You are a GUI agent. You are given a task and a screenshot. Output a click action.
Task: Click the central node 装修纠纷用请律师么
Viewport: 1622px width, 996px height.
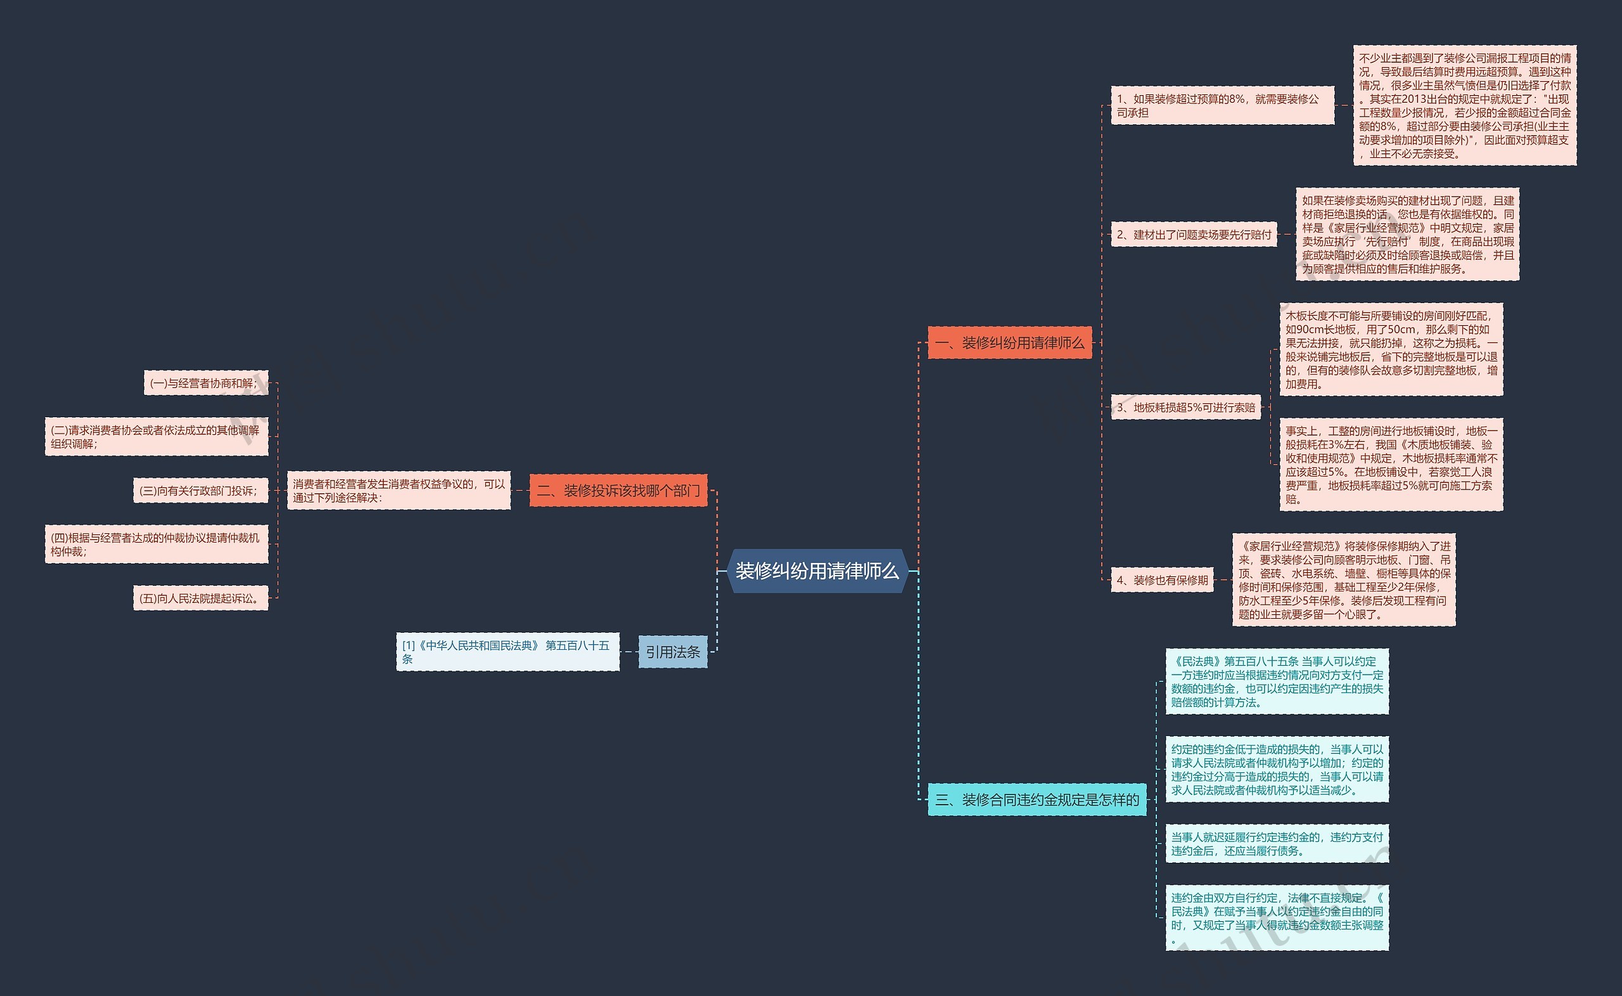point(817,571)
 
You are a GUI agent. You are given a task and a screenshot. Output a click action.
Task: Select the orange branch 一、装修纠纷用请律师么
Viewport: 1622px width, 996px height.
point(1009,342)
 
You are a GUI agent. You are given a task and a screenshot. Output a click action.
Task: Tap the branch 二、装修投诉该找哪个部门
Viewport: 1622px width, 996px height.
point(618,491)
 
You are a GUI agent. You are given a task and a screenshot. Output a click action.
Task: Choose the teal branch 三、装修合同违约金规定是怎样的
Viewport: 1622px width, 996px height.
point(1037,799)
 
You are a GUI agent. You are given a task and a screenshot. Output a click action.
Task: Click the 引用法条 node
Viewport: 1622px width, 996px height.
point(672,652)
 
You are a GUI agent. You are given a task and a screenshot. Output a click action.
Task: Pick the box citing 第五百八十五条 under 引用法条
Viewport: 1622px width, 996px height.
point(507,652)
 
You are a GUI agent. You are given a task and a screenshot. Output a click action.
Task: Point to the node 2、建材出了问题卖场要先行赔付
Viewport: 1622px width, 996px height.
point(1194,235)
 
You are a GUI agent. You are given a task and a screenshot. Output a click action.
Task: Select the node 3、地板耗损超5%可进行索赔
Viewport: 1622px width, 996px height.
point(1185,407)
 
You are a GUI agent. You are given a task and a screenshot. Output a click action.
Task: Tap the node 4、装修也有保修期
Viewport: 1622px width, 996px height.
point(1162,579)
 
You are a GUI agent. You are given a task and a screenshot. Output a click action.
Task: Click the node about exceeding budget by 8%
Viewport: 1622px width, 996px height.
point(1222,105)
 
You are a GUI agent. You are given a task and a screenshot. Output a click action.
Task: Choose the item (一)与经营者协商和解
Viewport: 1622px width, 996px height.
point(205,383)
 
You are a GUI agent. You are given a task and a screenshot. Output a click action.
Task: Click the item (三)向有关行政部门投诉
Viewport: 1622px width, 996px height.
point(200,491)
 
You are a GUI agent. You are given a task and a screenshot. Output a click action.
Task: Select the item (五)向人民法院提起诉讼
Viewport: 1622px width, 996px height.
point(200,598)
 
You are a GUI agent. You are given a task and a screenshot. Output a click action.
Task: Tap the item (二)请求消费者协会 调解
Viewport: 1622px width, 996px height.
point(156,436)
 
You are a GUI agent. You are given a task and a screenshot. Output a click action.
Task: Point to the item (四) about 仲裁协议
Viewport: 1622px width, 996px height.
point(156,544)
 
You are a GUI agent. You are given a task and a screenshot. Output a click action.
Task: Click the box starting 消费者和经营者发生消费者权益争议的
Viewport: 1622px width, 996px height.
point(399,491)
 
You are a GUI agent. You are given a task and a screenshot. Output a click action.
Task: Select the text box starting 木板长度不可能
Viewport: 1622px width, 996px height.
point(1390,349)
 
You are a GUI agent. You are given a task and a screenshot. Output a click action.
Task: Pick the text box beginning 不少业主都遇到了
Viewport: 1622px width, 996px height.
point(1464,105)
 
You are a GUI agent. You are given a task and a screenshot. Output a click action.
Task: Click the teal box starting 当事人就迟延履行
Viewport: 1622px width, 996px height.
point(1277,843)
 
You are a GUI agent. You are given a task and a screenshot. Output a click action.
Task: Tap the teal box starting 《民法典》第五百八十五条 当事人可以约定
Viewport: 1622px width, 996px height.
point(1277,681)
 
